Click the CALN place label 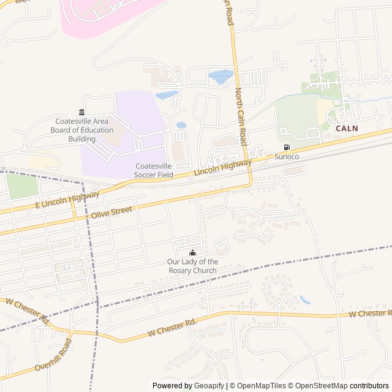click(x=347, y=129)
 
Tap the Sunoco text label click(x=287, y=157)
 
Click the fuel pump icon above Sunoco click(x=287, y=147)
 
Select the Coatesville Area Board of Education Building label click(x=81, y=130)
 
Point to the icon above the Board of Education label click(x=81, y=111)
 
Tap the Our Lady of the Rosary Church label click(x=192, y=266)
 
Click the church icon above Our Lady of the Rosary click(x=192, y=253)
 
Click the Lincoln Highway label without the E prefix click(x=222, y=168)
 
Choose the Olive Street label click(x=111, y=213)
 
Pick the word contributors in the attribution click(x=370, y=386)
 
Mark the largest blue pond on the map click(x=221, y=77)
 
